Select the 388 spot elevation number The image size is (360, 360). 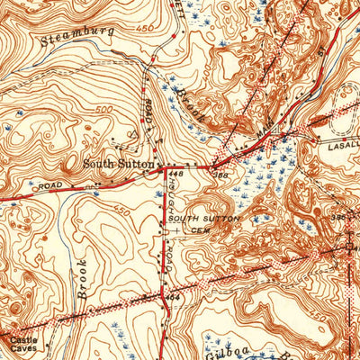tap(220, 175)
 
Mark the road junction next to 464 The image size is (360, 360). tap(161, 294)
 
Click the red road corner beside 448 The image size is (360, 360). tap(160, 169)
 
